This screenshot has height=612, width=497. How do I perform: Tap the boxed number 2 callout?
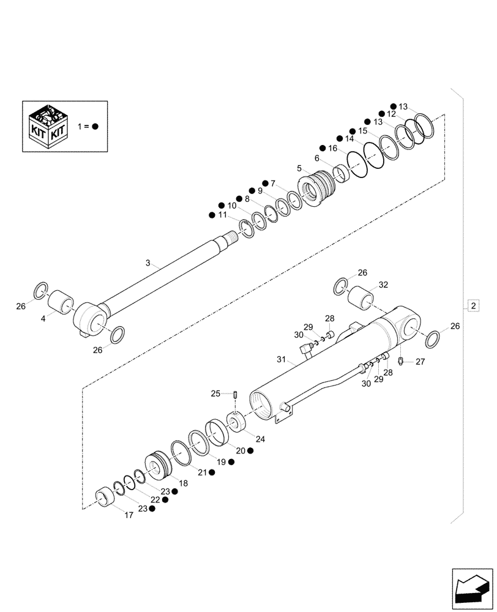(x=473, y=305)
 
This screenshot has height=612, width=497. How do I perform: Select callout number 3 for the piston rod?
(x=148, y=263)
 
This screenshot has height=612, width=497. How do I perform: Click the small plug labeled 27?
(x=400, y=360)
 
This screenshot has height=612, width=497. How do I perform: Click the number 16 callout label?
(x=332, y=149)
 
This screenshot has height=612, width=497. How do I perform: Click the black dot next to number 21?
(x=211, y=472)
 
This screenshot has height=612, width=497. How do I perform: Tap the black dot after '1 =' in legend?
(x=95, y=126)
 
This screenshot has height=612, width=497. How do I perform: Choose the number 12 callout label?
(x=390, y=114)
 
